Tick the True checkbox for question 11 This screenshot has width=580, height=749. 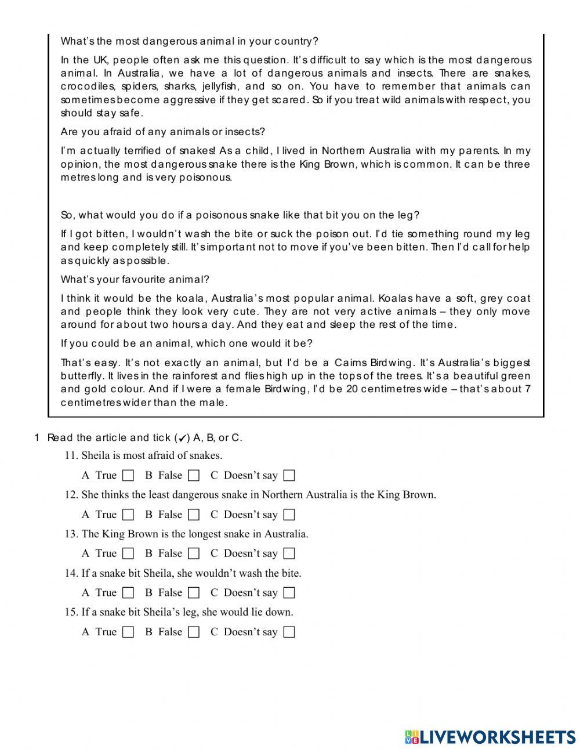128,476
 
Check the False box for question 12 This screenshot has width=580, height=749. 194,515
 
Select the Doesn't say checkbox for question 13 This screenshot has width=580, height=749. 289,553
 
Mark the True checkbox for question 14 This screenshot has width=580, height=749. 128,593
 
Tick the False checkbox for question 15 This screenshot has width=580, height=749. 194,632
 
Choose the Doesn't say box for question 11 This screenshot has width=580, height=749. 289,476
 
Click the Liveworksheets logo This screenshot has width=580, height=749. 490,737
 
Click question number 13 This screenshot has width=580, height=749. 71,534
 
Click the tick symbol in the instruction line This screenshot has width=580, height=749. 182,439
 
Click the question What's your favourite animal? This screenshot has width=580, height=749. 135,280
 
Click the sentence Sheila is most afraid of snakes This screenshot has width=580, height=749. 152,455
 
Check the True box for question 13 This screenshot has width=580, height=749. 128,553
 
